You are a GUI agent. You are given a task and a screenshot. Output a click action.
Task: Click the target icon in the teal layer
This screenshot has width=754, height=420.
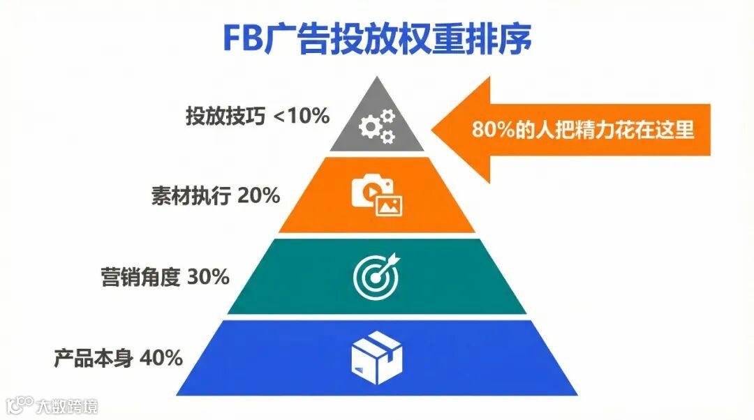377,276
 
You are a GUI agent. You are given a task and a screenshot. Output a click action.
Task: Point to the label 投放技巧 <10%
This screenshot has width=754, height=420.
257,117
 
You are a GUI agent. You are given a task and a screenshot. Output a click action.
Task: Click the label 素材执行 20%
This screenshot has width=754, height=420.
216,196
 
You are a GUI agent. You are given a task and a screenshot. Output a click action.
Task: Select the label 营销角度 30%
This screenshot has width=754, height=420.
165,277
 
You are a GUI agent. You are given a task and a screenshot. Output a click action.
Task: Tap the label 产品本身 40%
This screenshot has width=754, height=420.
119,359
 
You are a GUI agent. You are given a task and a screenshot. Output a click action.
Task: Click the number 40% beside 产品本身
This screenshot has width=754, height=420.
161,359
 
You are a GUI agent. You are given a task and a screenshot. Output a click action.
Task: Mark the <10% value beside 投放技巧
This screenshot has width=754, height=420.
301,117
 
